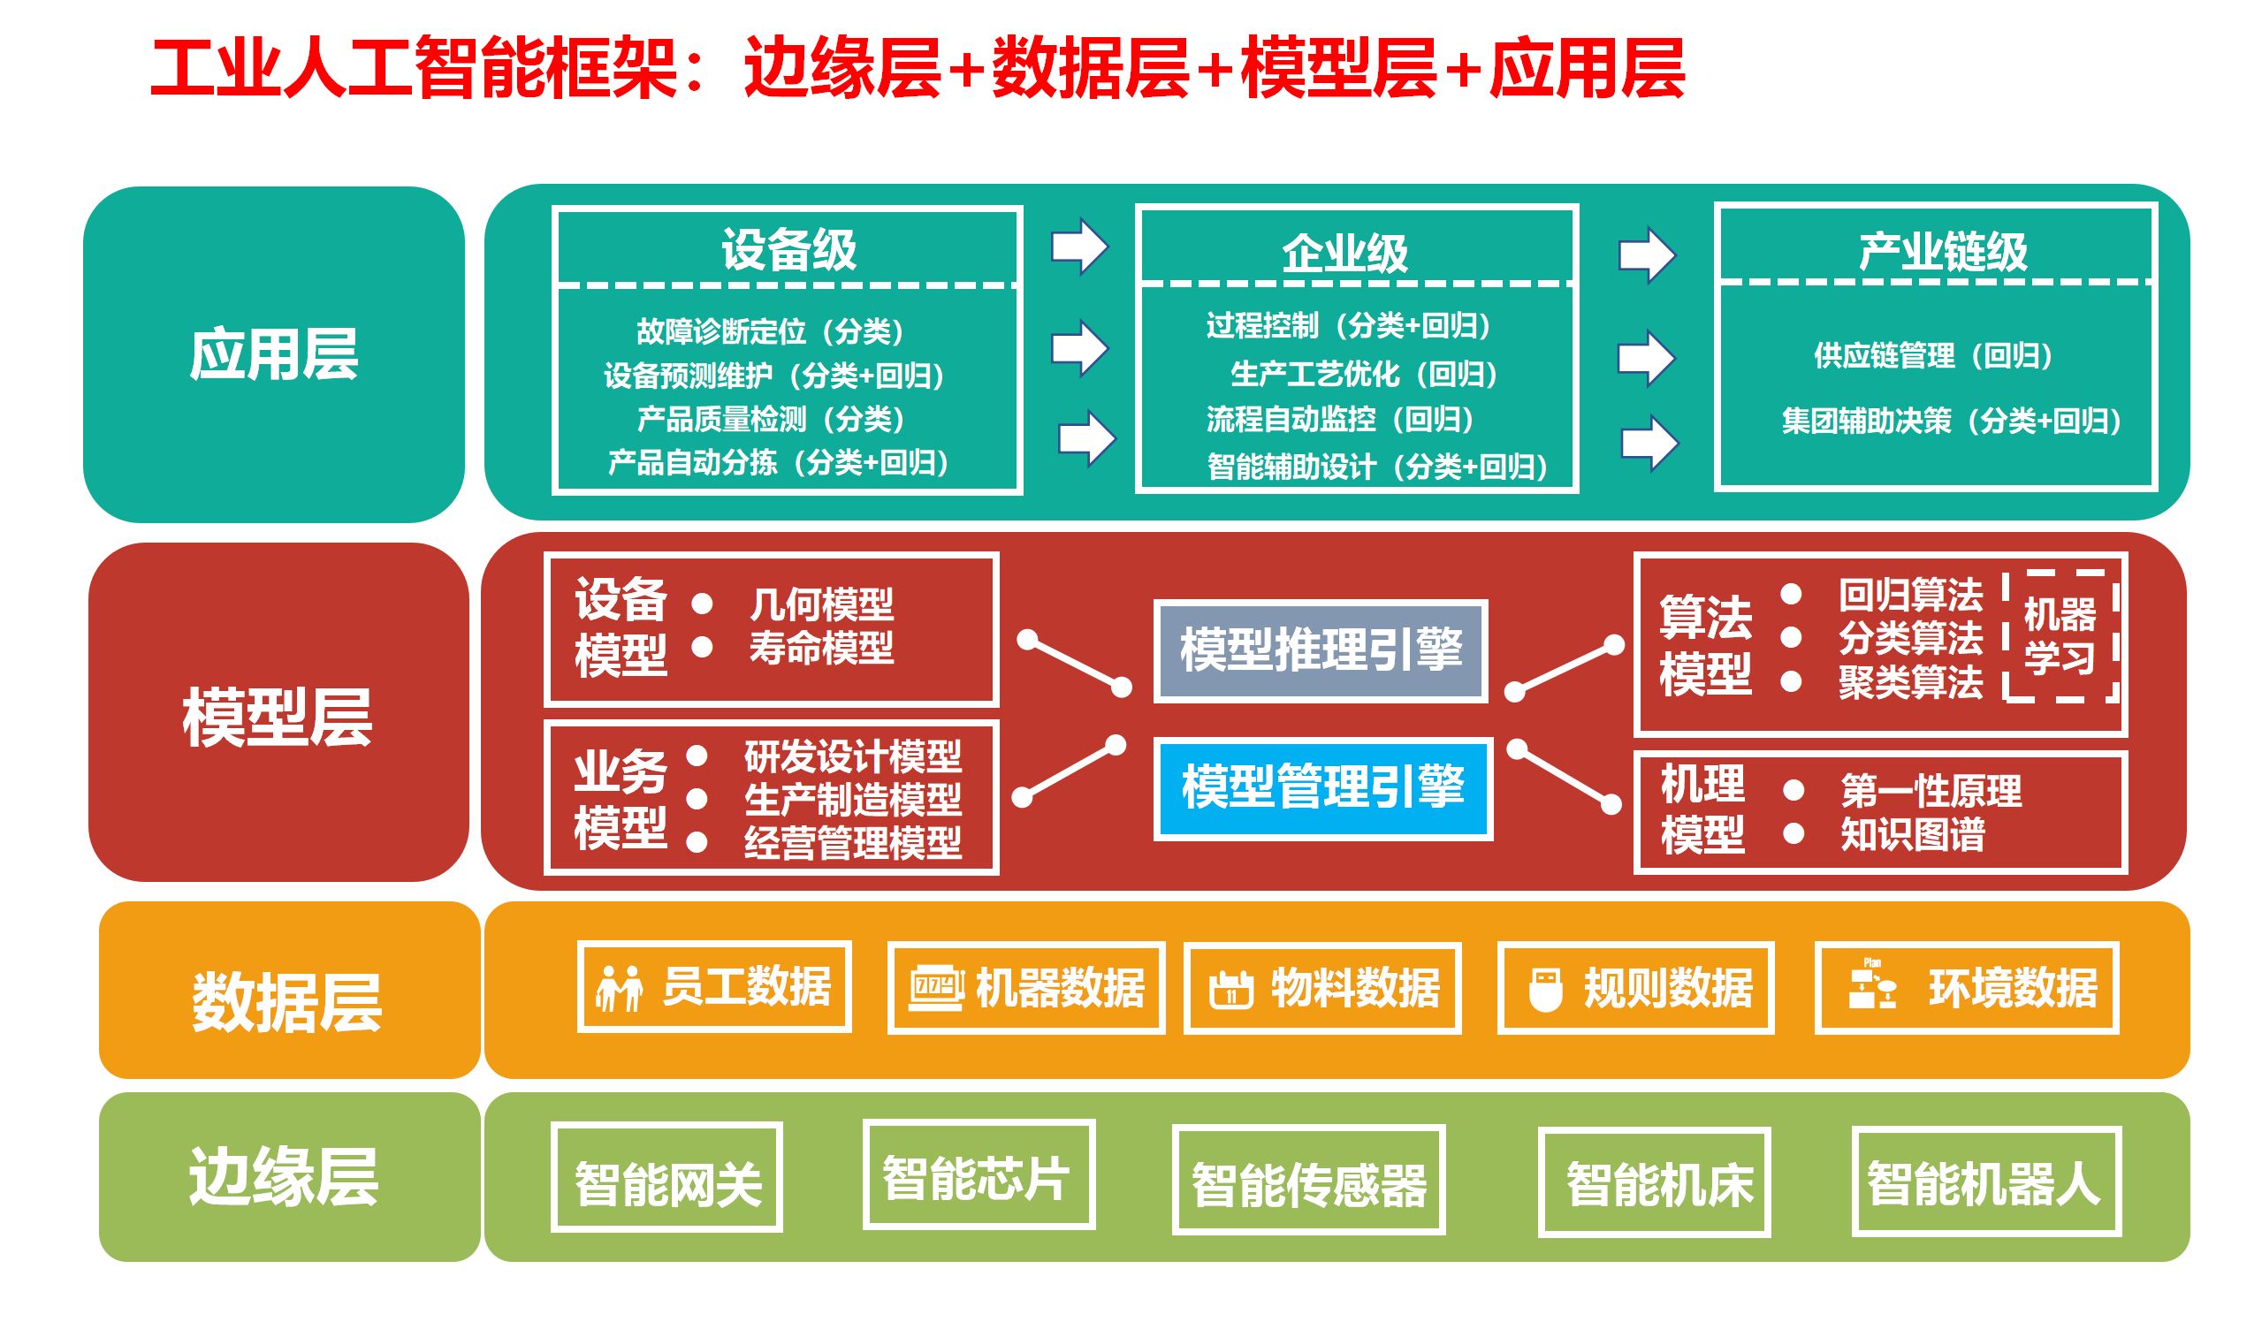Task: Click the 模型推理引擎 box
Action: point(1321,650)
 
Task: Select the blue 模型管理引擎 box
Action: point(1322,788)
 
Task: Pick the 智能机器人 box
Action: point(1985,1182)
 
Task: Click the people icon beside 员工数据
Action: point(619,988)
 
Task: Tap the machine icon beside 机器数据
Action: point(935,989)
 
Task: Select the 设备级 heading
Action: point(788,249)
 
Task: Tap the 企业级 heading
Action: point(1344,253)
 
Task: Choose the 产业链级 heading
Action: point(1942,251)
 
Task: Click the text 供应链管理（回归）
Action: point(1931,355)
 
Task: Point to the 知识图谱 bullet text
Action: point(1912,835)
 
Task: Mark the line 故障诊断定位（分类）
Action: point(769,331)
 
